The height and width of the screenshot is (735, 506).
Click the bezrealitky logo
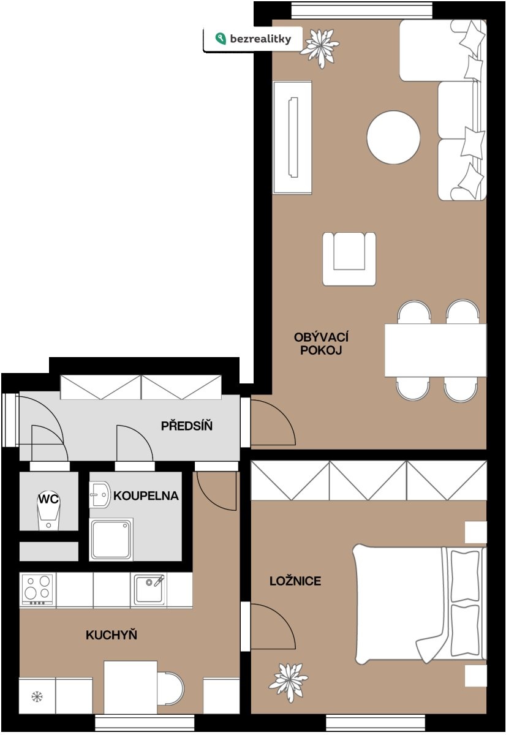click(x=253, y=39)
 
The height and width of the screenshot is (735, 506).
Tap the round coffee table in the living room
click(x=393, y=137)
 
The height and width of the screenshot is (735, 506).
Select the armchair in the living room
click(x=349, y=259)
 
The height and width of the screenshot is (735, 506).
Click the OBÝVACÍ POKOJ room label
click(x=321, y=344)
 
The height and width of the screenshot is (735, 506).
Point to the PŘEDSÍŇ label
click(x=187, y=426)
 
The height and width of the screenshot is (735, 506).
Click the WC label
click(x=48, y=499)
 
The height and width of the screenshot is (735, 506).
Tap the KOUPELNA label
click(x=146, y=496)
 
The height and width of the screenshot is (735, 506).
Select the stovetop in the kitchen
click(x=37, y=589)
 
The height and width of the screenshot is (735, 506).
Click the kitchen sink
click(x=149, y=589)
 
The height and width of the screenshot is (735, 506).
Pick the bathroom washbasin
click(x=100, y=494)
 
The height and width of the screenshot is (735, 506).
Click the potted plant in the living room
click(x=320, y=48)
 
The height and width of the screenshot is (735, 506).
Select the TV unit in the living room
click(x=292, y=137)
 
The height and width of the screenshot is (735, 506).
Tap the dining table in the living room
click(x=436, y=350)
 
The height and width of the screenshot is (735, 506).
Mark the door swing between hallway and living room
click(x=273, y=423)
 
